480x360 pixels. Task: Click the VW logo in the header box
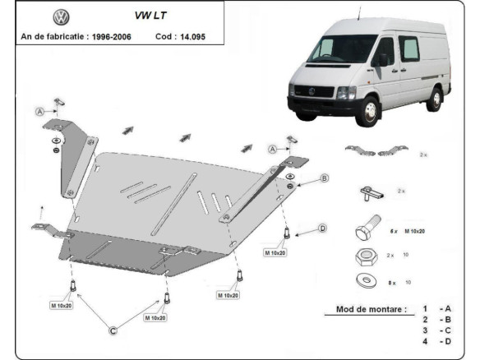[60, 17]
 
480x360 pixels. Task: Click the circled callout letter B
[324, 178]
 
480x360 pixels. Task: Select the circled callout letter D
[322, 228]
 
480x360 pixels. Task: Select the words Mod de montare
[371, 309]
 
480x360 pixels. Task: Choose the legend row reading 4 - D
[436, 340]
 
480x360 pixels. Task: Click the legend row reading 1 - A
[436, 309]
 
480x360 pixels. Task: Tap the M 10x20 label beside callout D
[275, 252]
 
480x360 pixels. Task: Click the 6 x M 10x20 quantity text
[407, 233]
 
